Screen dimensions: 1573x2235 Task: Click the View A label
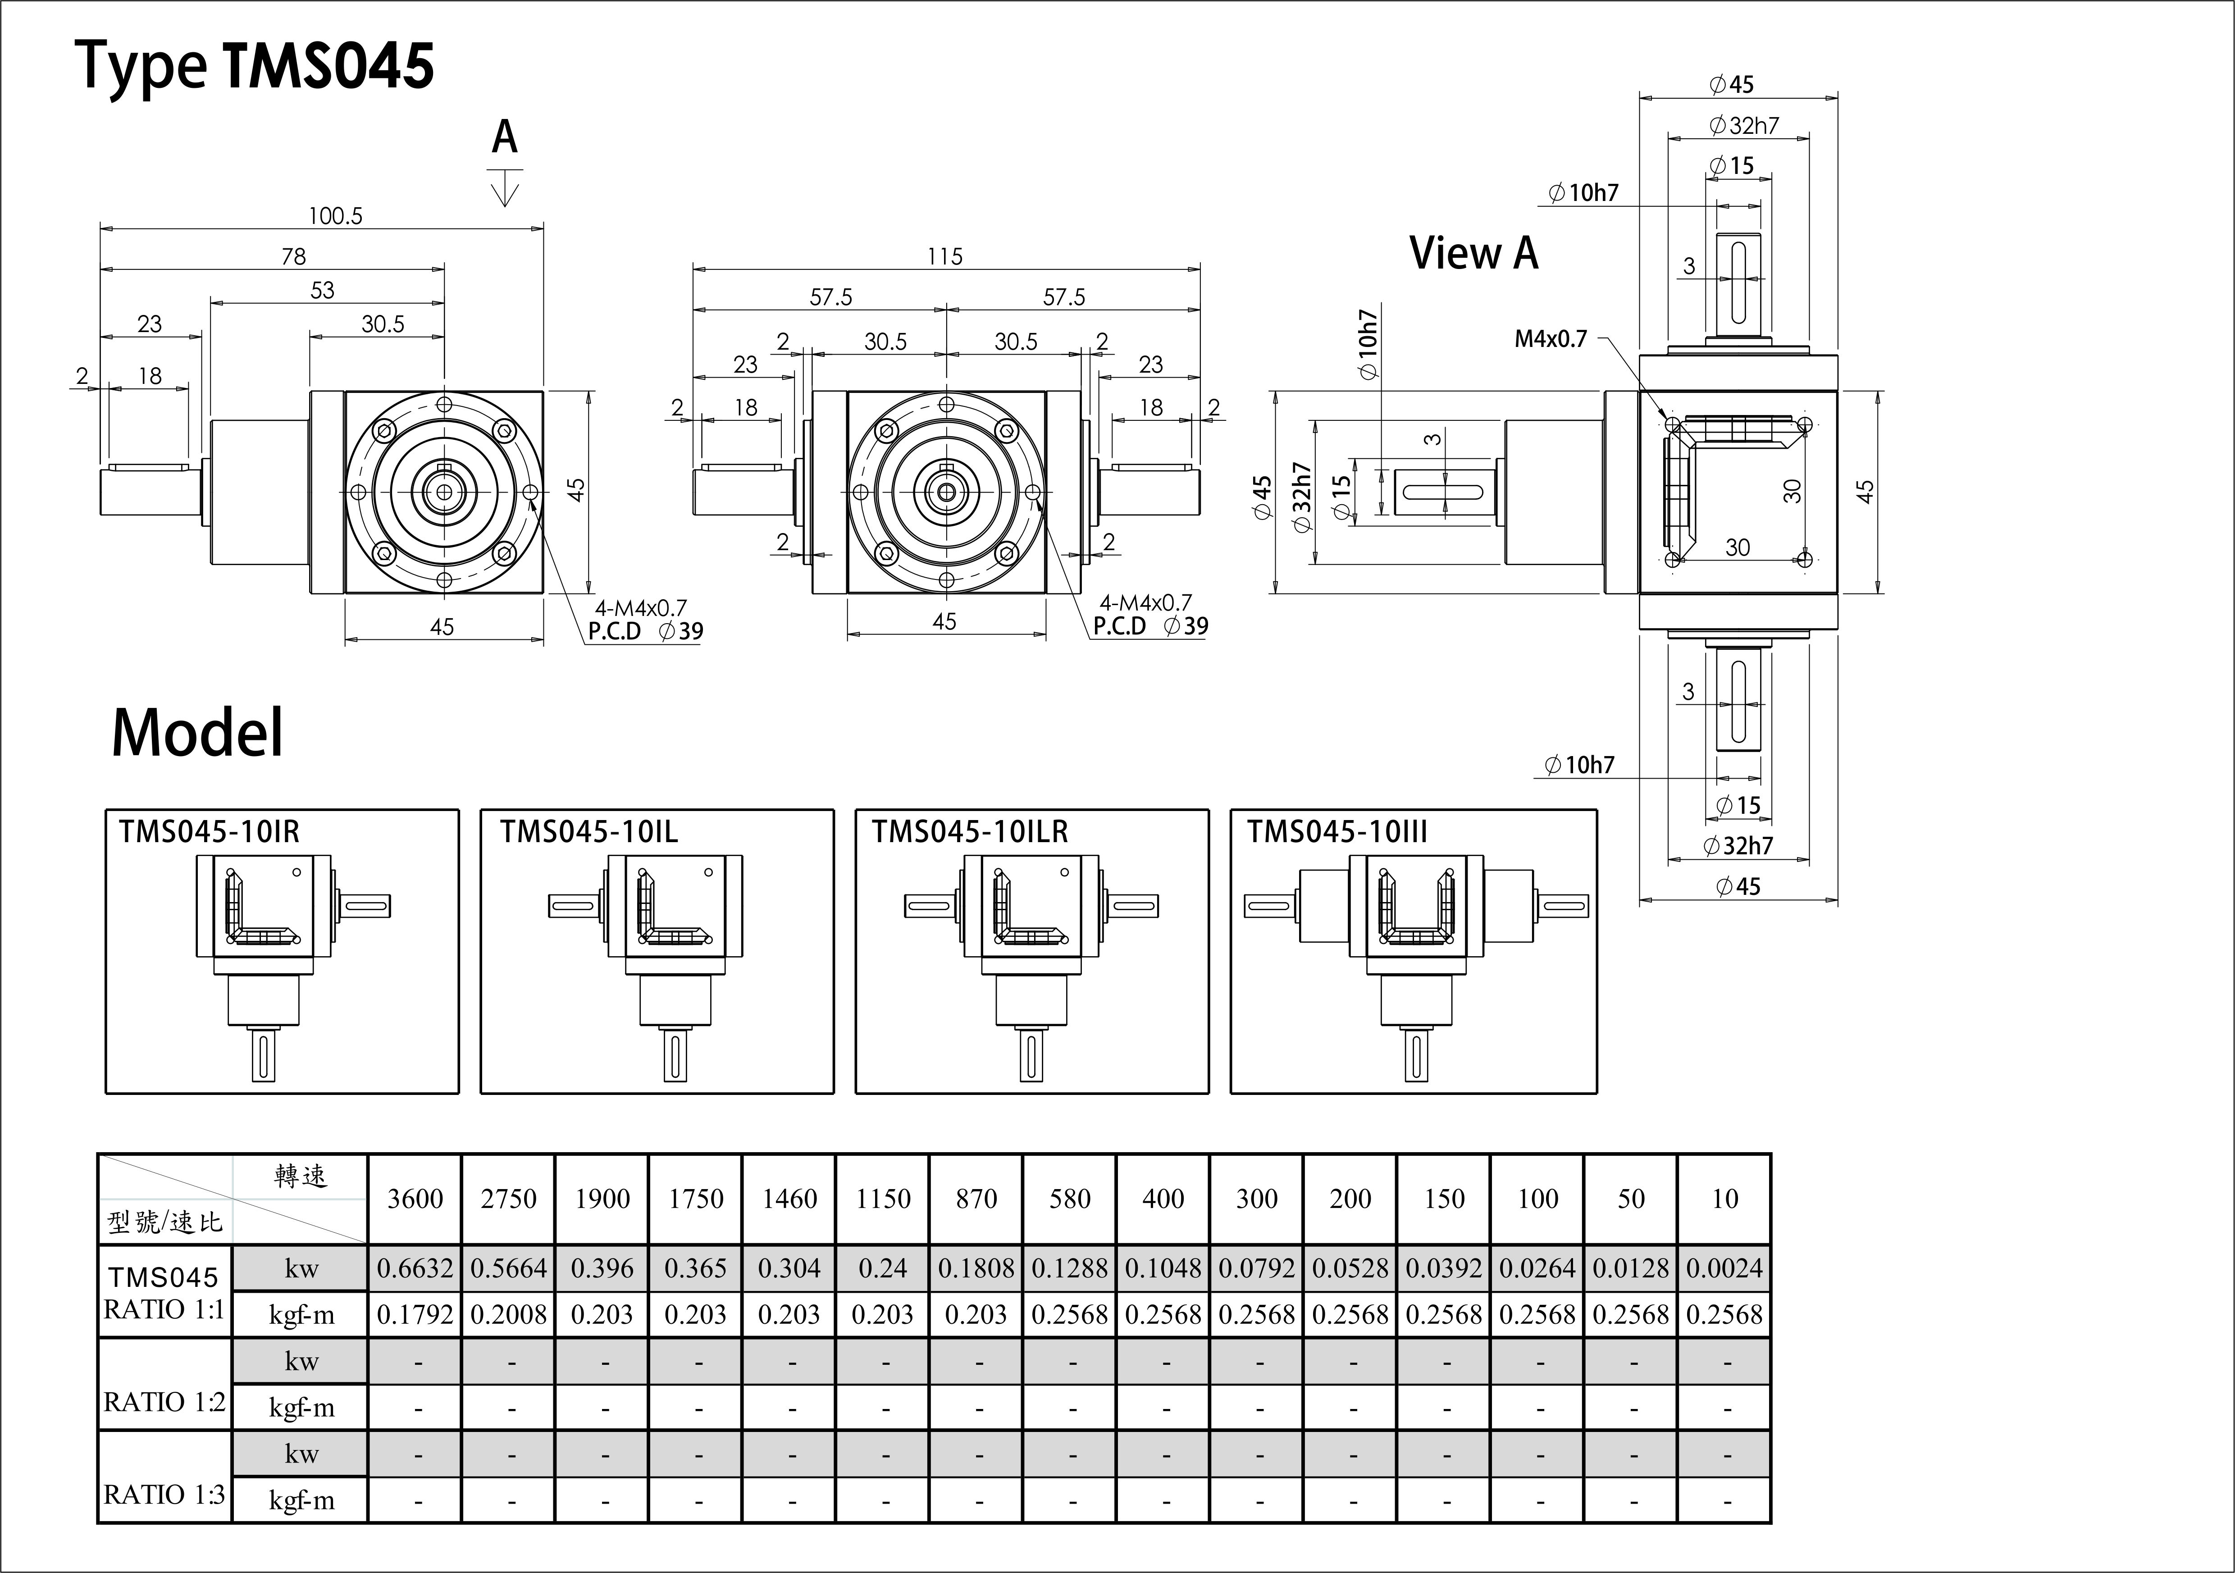coord(1474,253)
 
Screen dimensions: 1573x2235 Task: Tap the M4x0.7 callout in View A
coord(1551,339)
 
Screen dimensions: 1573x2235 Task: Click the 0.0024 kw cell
coord(1724,1268)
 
